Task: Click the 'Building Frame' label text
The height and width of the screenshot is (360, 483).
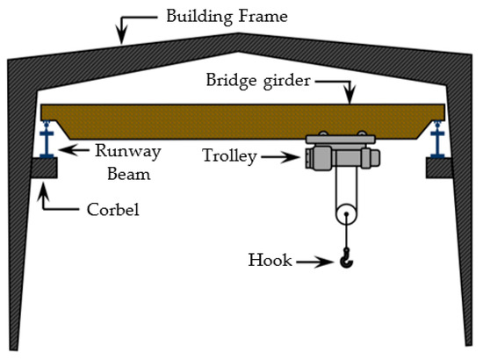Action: coord(215,15)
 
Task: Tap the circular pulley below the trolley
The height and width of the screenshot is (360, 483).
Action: coord(345,213)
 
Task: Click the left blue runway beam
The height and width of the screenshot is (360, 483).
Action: coord(43,141)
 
